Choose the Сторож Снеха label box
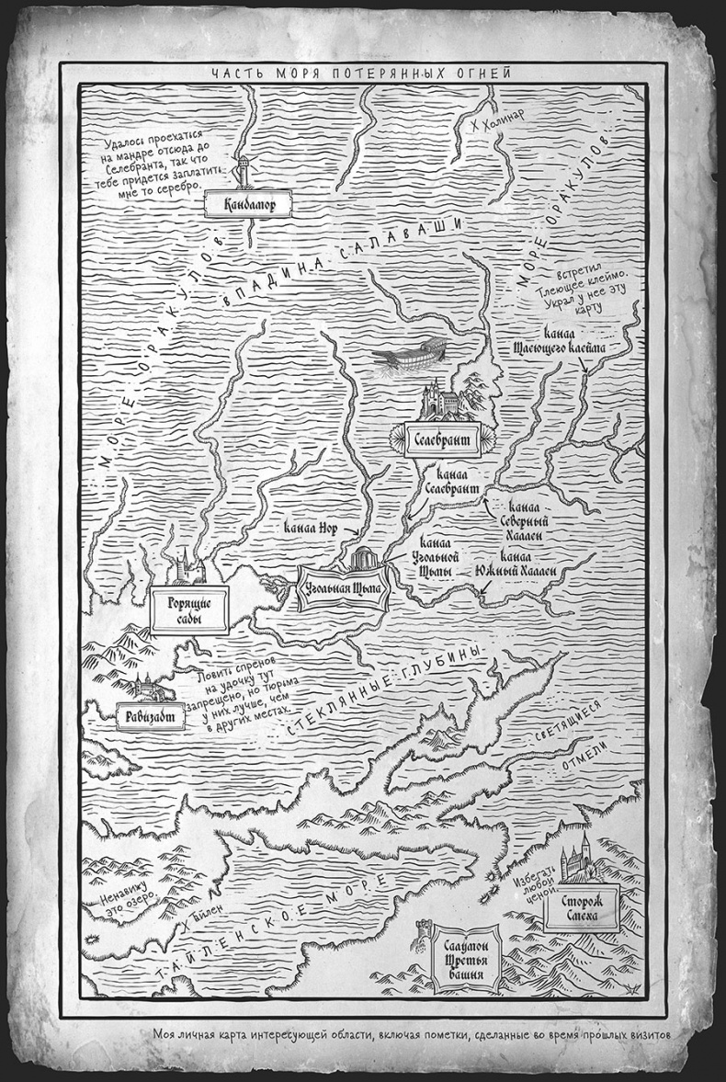point(582,911)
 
